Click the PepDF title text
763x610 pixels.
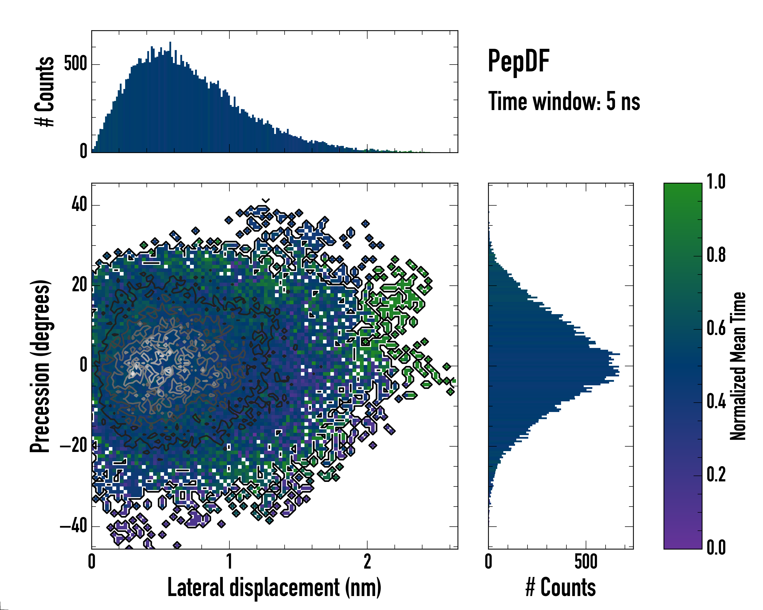pyautogui.click(x=518, y=62)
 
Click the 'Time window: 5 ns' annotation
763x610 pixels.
pyautogui.click(x=564, y=101)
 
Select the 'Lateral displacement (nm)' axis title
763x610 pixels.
pyautogui.click(x=274, y=587)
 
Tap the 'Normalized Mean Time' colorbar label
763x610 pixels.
pyautogui.click(x=738, y=366)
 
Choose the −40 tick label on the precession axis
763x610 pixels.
pyautogui.click(x=74, y=526)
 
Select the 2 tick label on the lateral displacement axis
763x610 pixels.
pyautogui.click(x=367, y=561)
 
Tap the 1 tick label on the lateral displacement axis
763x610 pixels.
pyautogui.click(x=229, y=561)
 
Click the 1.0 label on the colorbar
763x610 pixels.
pyautogui.click(x=716, y=182)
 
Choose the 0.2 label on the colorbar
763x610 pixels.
pyautogui.click(x=716, y=475)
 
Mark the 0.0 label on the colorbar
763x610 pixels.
pyautogui.click(x=716, y=548)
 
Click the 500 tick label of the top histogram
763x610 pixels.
pyautogui.click(x=75, y=64)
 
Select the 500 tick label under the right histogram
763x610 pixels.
pyautogui.click(x=586, y=561)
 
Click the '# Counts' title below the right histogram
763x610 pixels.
pyautogui.click(x=561, y=587)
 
